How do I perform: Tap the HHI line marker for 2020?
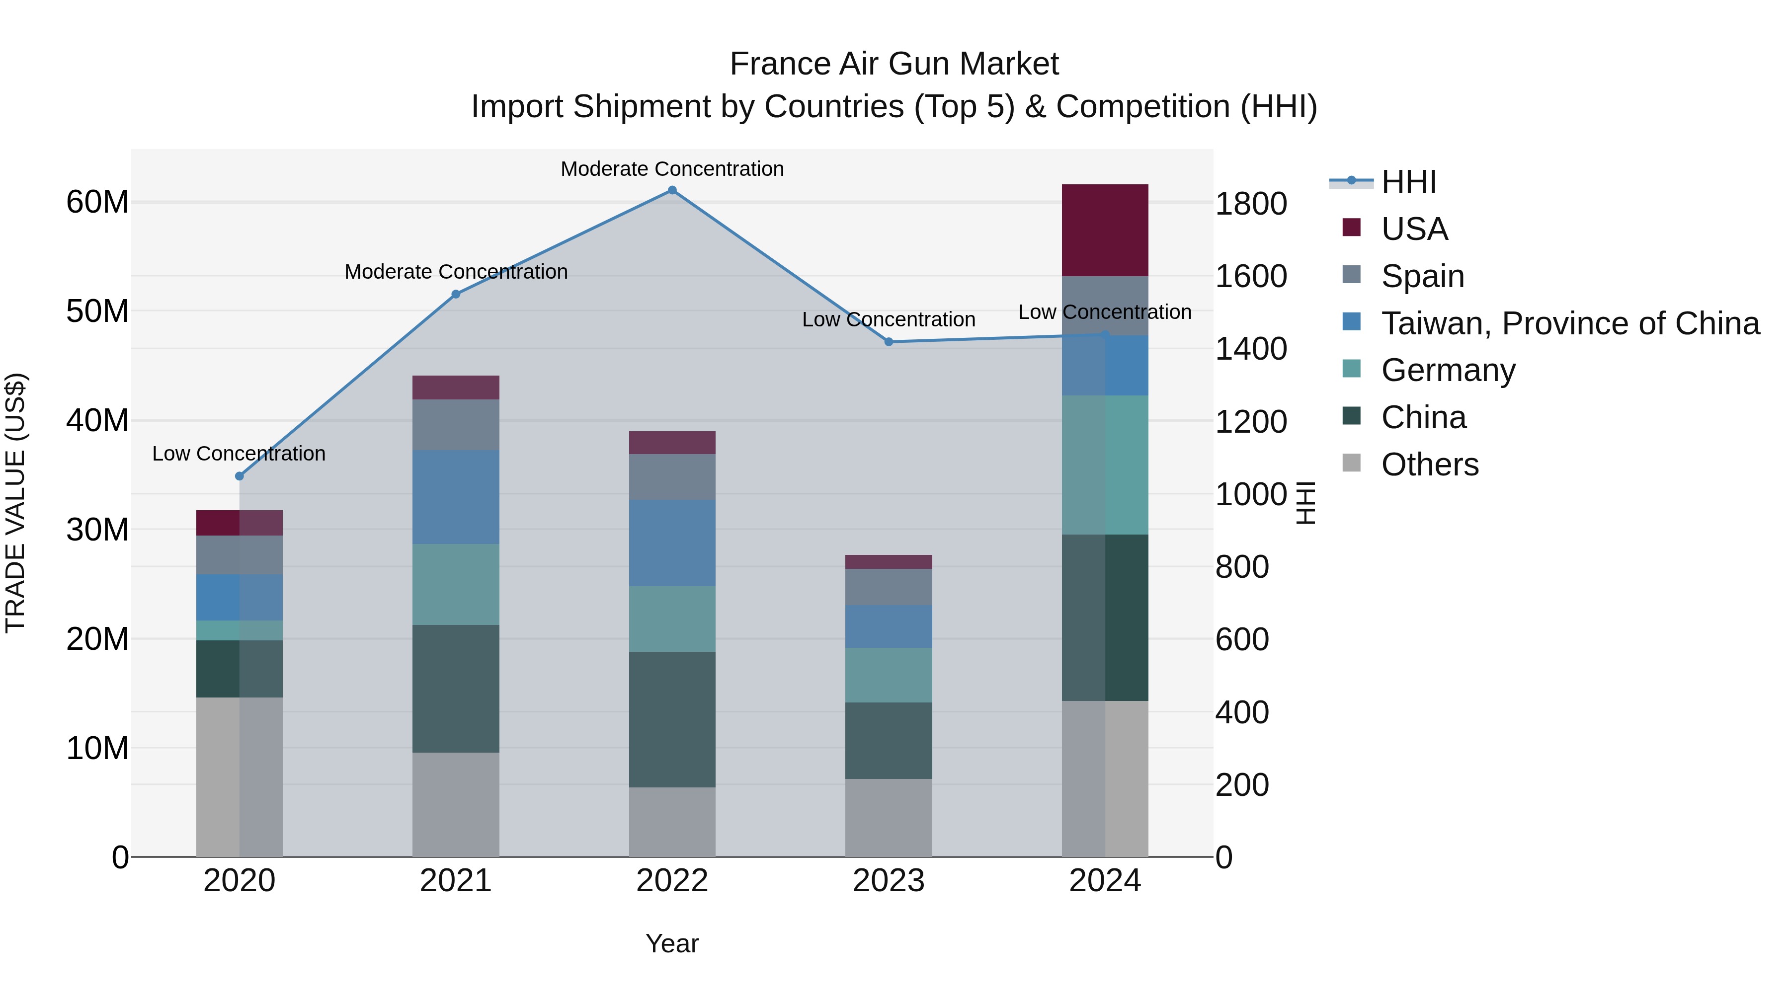pyautogui.click(x=240, y=476)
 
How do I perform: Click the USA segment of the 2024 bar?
pyautogui.click(x=1104, y=231)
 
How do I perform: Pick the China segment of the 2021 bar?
pyautogui.click(x=456, y=688)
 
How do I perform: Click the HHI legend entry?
pyautogui.click(x=1408, y=182)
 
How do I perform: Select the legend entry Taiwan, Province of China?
pyautogui.click(x=1569, y=323)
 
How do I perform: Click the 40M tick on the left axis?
pyautogui.click(x=97, y=421)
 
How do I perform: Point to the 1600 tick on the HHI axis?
pyautogui.click(x=1250, y=276)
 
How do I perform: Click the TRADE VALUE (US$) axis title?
pyautogui.click(x=15, y=503)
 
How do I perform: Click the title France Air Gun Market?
pyautogui.click(x=894, y=64)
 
